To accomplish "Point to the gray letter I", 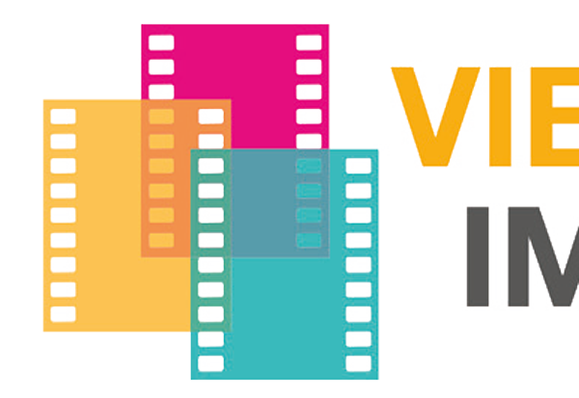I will [x=480, y=255].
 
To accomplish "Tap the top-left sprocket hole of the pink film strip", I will [x=161, y=42].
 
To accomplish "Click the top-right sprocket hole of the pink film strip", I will [x=309, y=42].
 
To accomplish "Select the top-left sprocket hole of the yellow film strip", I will [x=63, y=117].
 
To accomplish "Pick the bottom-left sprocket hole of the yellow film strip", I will [x=63, y=314].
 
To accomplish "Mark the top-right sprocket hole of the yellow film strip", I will [x=210, y=117].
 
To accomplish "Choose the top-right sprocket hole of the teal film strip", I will [x=358, y=166].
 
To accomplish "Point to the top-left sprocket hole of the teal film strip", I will [x=210, y=166].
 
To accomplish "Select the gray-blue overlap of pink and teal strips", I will [x=280, y=202].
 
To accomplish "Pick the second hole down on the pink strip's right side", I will [x=309, y=67].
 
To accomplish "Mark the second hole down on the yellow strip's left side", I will [x=63, y=142].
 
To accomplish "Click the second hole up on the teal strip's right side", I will [x=358, y=338].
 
